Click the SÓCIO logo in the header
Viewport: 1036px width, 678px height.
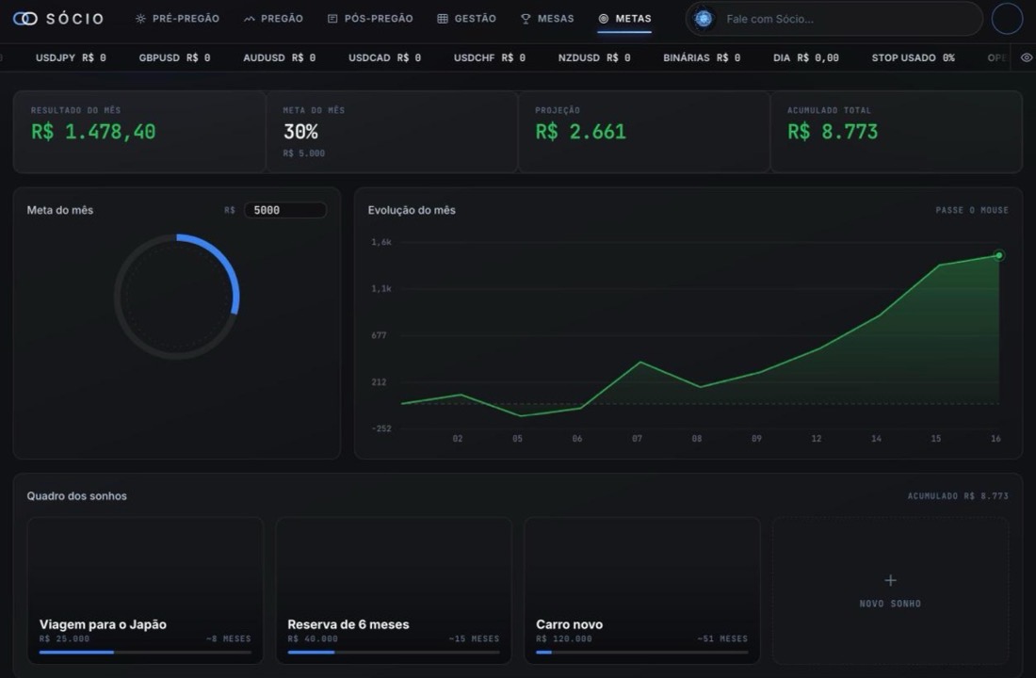58,19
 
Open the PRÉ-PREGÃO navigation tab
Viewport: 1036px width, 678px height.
177,19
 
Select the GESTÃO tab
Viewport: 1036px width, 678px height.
466,19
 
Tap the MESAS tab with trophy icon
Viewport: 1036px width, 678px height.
547,19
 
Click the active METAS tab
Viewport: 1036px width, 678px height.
625,19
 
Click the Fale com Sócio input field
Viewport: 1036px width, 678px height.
834,19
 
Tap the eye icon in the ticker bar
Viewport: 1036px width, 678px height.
1026,57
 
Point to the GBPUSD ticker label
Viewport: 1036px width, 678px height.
159,57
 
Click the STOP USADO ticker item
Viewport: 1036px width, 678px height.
914,57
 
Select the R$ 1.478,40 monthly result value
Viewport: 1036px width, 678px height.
93,132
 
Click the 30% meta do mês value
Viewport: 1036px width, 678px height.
300,132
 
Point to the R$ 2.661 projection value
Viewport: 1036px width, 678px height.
581,132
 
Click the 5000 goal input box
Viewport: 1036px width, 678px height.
285,210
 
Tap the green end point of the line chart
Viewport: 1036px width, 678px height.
999,255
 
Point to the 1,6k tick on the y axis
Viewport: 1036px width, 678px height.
381,242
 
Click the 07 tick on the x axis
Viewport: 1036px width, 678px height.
637,438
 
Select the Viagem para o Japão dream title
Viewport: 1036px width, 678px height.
103,623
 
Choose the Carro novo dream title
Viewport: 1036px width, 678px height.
570,623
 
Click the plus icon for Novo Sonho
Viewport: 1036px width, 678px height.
891,580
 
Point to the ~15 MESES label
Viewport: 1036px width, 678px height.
474,639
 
